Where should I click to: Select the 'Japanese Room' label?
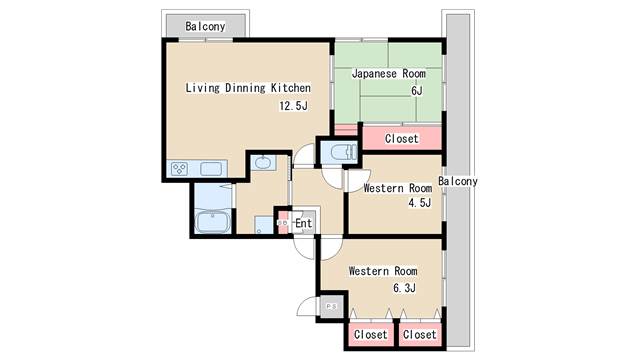[389, 73]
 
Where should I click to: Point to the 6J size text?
[416, 91]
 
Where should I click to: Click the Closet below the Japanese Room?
[401, 138]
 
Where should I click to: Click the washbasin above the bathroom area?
[263, 163]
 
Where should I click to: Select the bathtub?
[213, 221]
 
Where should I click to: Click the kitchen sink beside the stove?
[212, 169]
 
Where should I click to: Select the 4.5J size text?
[418, 203]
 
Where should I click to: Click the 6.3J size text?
[404, 288]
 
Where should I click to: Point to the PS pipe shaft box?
[331, 307]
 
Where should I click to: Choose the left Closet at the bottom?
[370, 334]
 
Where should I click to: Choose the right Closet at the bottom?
[420, 334]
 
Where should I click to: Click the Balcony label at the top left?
[205, 26]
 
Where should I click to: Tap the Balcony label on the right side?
[458, 182]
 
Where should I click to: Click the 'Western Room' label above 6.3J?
[382, 271]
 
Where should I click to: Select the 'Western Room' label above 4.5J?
[397, 187]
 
